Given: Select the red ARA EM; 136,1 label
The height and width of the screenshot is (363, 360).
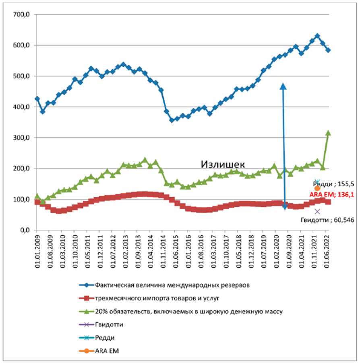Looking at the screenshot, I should tap(332, 194).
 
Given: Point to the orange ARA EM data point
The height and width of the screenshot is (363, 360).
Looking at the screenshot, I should tap(317, 188).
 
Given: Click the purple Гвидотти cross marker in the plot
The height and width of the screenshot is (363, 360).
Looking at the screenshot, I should tap(317, 211).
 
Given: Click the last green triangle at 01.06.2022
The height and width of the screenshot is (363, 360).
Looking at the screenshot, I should tap(328, 133).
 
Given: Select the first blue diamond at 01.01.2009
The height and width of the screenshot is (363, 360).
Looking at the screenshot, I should tap(37, 99).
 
